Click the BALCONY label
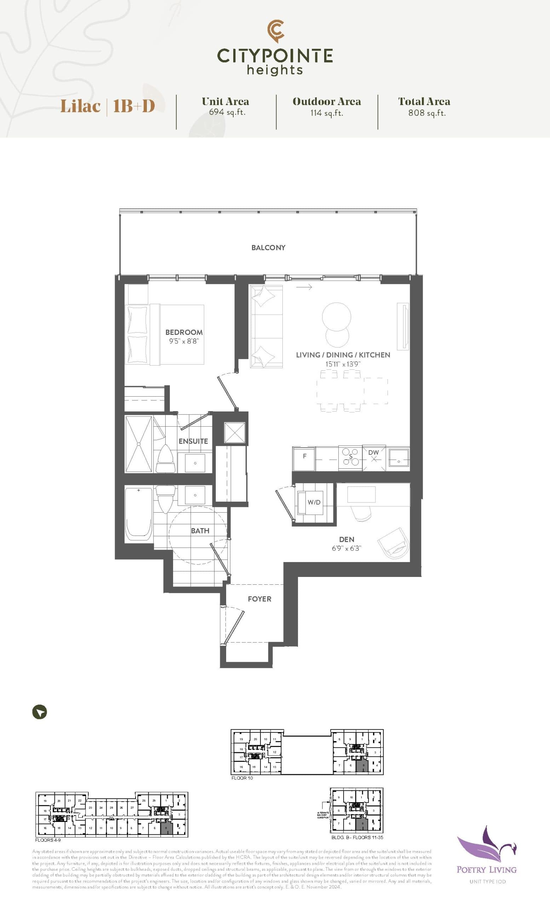click(268, 247)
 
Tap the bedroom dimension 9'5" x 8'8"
click(184, 341)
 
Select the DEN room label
click(346, 539)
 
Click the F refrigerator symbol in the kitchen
click(304, 456)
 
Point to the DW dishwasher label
click(373, 452)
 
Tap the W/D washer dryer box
click(314, 502)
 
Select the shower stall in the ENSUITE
click(139, 444)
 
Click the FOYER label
click(259, 599)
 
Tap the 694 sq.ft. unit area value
click(227, 112)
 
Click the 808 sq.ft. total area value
click(426, 113)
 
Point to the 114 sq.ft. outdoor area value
click(326, 113)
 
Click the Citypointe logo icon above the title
click(275, 31)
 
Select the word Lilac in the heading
click(80, 106)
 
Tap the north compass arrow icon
click(40, 712)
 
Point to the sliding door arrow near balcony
click(304, 287)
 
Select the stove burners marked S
click(350, 456)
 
